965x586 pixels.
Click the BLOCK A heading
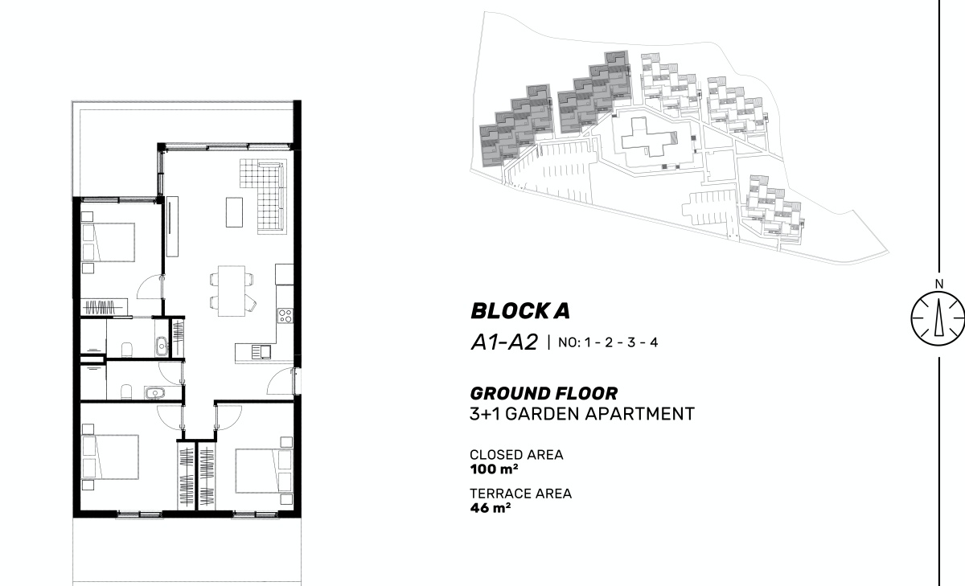click(520, 311)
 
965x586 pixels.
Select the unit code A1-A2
click(504, 342)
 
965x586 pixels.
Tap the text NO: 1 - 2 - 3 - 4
click(608, 342)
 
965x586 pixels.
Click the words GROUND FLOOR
click(544, 394)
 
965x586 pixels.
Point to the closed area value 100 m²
click(494, 469)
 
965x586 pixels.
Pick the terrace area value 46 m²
click(491, 508)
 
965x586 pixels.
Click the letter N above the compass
click(939, 285)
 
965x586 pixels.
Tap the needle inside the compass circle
click(939, 317)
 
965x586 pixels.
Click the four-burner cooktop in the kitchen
click(285, 316)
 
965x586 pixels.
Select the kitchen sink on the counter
click(261, 352)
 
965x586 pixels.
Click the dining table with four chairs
click(232, 291)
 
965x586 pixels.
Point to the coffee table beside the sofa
click(234, 212)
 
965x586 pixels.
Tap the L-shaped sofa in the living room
click(264, 196)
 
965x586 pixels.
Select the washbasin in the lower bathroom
click(154, 393)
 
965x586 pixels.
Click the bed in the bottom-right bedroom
click(264, 471)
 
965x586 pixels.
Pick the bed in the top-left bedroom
click(108, 242)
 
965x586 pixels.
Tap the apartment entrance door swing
click(281, 381)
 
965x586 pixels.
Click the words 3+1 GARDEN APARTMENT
click(582, 414)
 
